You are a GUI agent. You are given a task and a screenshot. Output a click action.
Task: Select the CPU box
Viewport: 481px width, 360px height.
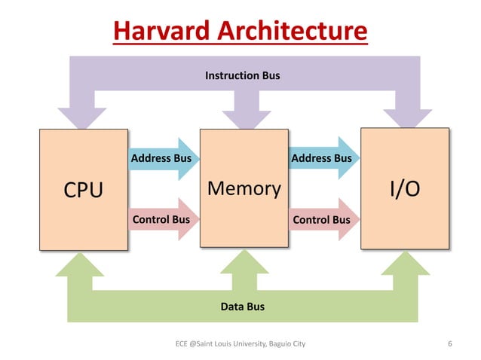tap(83, 189)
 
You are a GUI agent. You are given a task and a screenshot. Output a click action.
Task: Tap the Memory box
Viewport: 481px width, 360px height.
tap(244, 188)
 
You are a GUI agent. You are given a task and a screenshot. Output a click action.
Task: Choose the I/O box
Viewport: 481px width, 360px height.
tap(405, 188)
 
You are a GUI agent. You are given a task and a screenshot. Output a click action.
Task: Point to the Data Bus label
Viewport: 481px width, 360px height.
tap(242, 307)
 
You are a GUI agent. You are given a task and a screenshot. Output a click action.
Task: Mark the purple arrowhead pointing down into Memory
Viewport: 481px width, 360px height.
tap(244, 117)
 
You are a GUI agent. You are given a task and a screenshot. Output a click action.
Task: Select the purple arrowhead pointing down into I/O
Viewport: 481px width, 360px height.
tap(405, 117)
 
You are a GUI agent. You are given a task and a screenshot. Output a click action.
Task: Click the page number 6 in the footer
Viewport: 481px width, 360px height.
tap(449, 344)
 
